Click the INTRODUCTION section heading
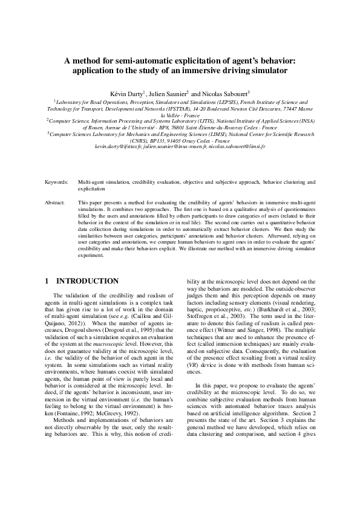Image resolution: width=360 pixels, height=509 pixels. click(x=88, y=281)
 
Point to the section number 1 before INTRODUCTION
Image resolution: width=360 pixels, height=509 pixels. click(x=48, y=281)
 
